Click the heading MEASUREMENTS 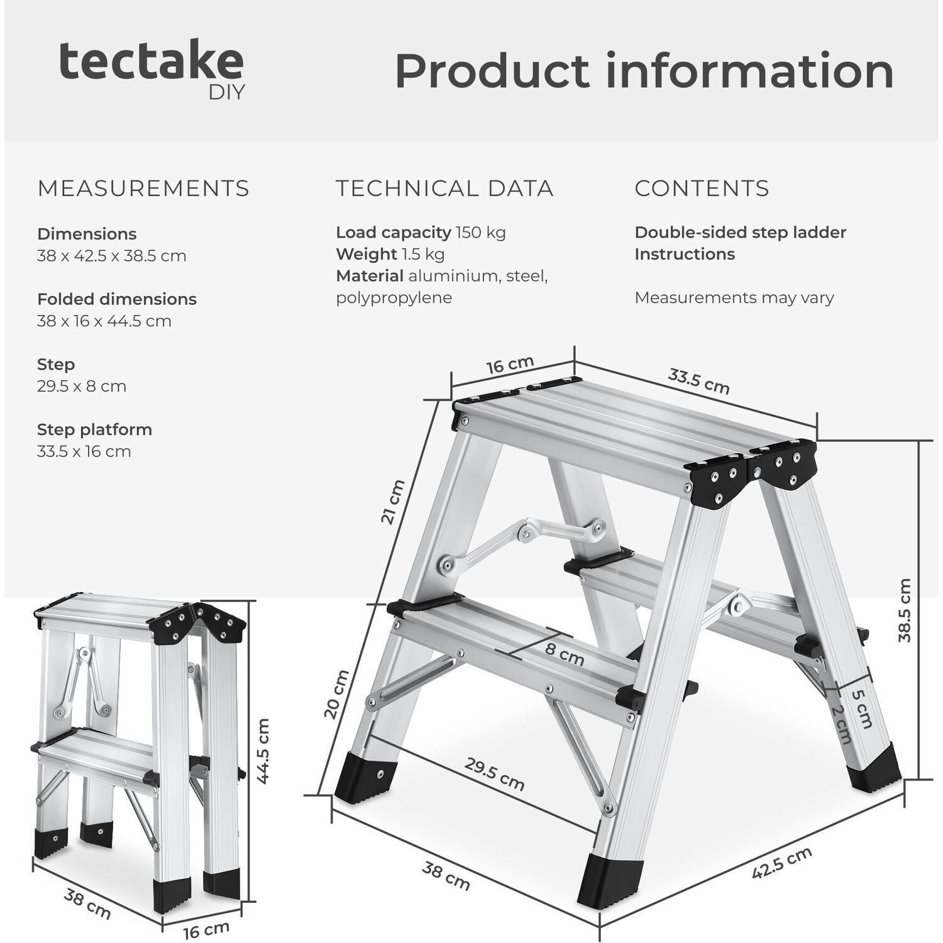tap(143, 189)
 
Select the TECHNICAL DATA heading tap(444, 189)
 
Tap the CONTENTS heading tap(702, 189)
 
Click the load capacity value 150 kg tap(481, 233)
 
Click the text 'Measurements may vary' tap(734, 297)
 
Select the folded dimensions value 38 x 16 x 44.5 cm tap(104, 321)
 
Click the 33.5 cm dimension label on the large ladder tap(698, 381)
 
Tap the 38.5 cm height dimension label tap(904, 610)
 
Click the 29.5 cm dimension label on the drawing tap(495, 773)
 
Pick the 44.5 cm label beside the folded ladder tap(264, 751)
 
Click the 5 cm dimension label tap(862, 709)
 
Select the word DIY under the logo tap(226, 93)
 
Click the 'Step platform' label tap(95, 430)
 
